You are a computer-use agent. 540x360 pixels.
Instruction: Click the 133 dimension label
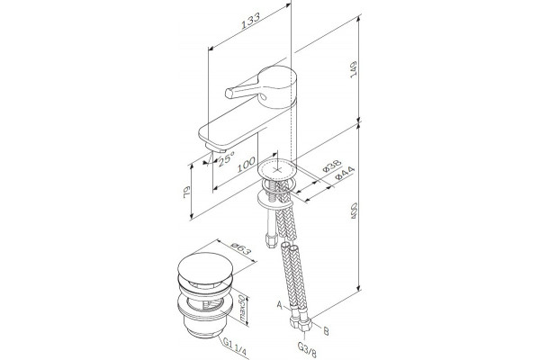250,22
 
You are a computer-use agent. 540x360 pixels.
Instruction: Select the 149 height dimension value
354,70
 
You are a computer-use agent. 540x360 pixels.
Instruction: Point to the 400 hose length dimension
354,211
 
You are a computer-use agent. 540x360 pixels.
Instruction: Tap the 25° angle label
226,158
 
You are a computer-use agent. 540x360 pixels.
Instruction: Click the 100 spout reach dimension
247,165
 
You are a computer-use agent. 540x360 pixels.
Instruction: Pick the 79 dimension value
186,192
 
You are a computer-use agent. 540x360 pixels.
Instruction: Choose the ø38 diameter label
332,166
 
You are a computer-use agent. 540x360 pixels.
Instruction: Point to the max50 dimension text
242,310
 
